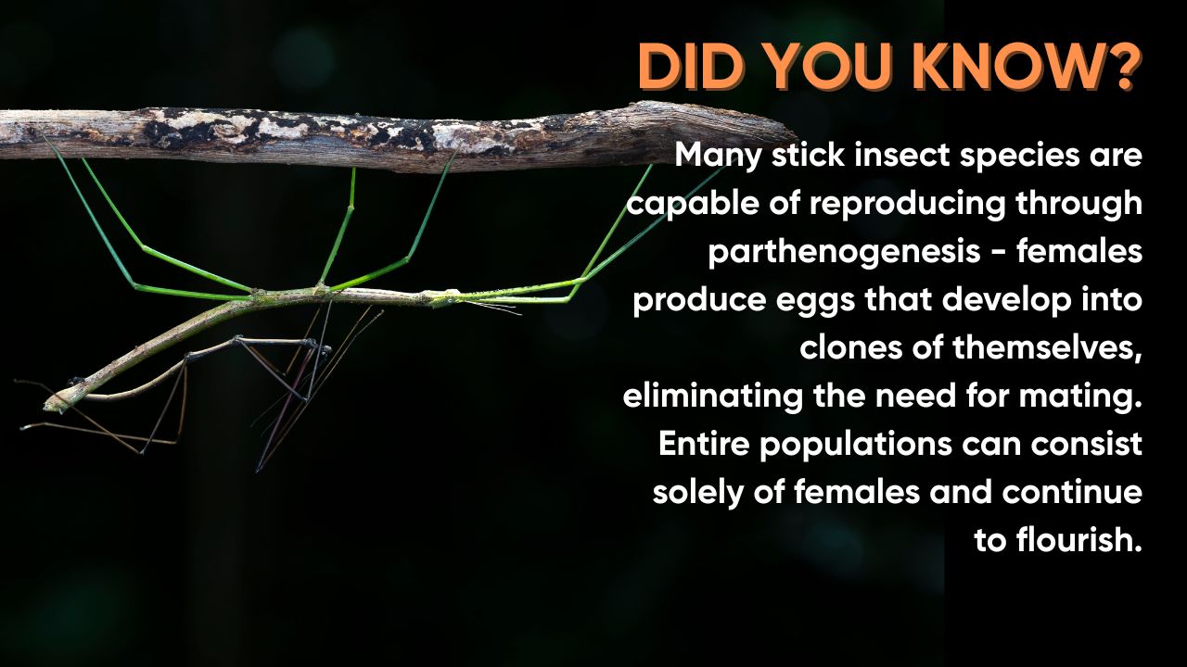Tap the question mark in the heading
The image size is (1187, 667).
point(1117,67)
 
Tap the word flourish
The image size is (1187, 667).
point(1079,540)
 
